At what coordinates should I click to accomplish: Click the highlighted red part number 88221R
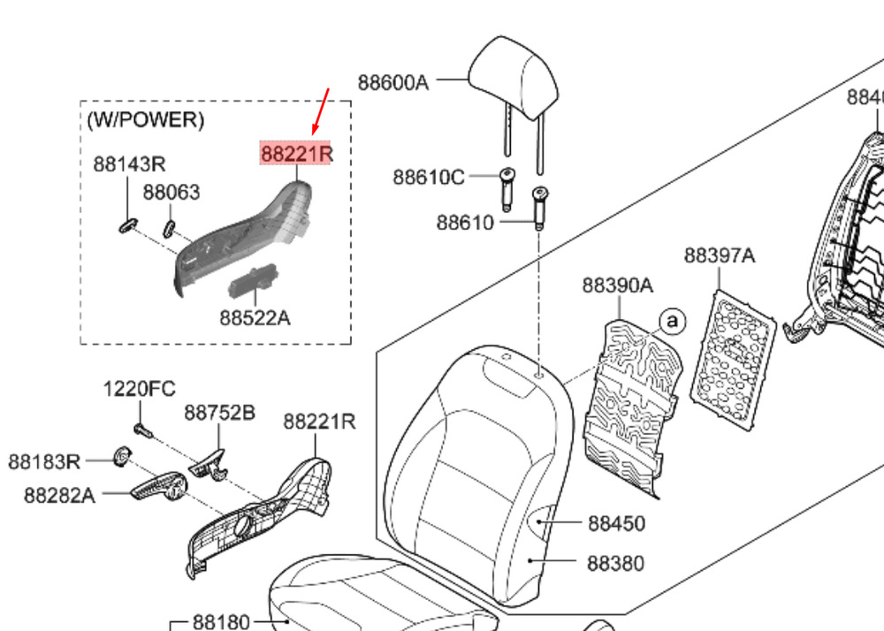tap(295, 155)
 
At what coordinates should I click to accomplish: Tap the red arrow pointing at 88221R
tap(322, 110)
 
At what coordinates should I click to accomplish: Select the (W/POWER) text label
tap(145, 119)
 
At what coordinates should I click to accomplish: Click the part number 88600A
tap(392, 83)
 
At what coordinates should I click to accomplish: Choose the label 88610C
tap(428, 177)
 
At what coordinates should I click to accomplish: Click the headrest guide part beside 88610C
tap(507, 187)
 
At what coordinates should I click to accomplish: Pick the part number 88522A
tap(255, 316)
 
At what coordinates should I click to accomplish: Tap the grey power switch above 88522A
tap(255, 279)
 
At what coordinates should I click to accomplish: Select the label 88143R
tap(129, 164)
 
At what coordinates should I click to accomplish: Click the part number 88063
tap(171, 192)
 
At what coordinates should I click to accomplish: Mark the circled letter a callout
tap(673, 321)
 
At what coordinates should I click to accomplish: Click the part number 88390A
tap(617, 285)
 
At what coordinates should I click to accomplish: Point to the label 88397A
tap(720, 255)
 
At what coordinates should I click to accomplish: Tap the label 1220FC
tap(140, 388)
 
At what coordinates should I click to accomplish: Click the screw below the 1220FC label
tap(141, 429)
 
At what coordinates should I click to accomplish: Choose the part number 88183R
tap(44, 461)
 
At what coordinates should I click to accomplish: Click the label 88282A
tap(59, 495)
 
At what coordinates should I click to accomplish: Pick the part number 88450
tap(616, 523)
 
